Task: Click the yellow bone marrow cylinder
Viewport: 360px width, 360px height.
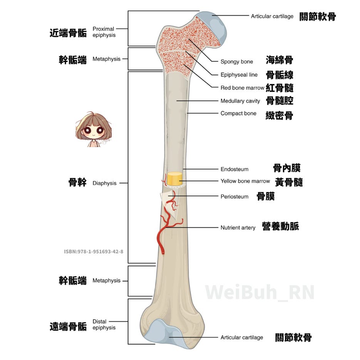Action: click(174, 178)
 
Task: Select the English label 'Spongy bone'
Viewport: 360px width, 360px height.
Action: click(236, 62)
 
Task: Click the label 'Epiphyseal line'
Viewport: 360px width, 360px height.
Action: click(239, 75)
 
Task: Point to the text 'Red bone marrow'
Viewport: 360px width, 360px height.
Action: click(242, 88)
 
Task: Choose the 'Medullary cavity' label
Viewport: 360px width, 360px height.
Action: click(240, 101)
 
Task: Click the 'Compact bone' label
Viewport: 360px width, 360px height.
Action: click(238, 113)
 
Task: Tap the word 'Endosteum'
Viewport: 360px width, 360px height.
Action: click(234, 169)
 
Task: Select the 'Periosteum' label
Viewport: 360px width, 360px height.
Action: click(234, 196)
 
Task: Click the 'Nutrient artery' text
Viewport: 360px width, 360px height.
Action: click(238, 228)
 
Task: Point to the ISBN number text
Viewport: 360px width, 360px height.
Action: click(94, 251)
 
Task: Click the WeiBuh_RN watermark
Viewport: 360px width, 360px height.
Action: click(260, 292)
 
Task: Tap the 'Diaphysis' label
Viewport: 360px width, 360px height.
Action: click(104, 183)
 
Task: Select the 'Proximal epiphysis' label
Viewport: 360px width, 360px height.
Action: click(104, 32)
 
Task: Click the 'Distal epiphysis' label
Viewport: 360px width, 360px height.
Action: click(104, 325)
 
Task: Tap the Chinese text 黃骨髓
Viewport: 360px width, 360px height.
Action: click(289, 182)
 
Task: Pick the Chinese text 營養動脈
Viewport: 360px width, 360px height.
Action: click(280, 226)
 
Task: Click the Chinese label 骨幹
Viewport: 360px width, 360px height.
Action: click(77, 183)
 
